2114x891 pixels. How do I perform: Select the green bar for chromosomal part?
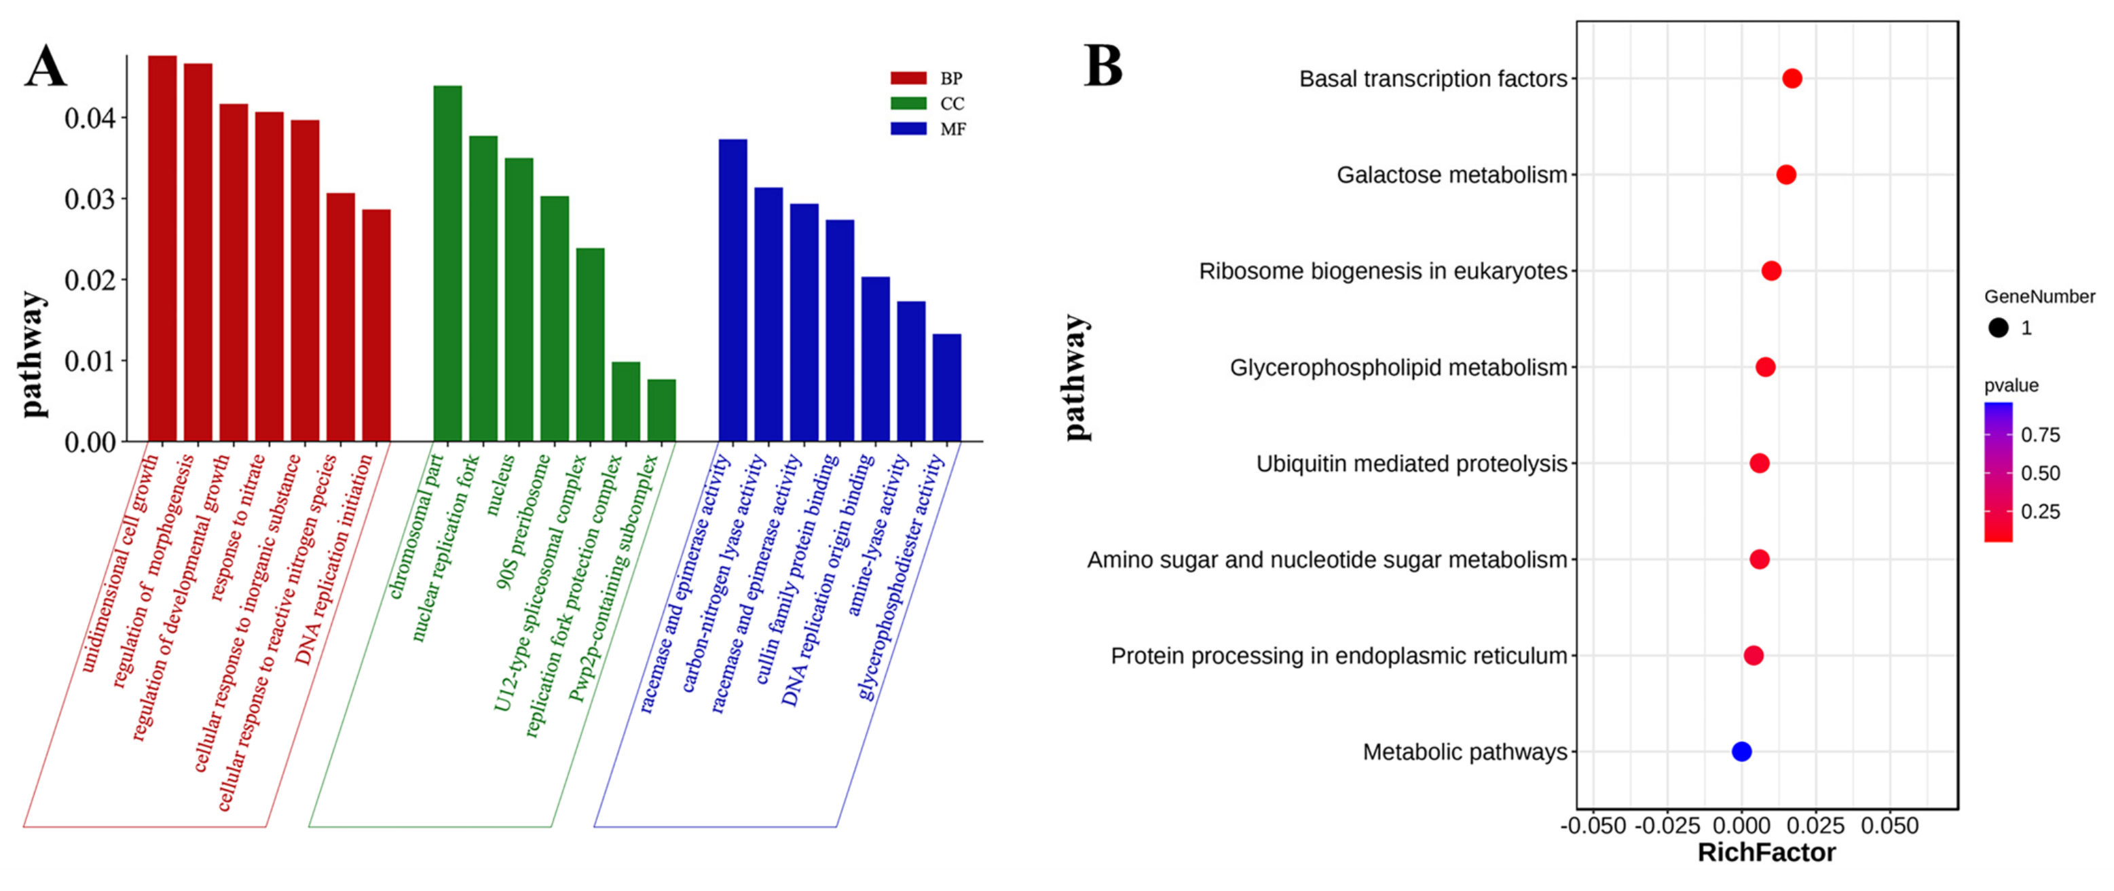(447, 263)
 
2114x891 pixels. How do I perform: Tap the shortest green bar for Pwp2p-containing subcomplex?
(661, 410)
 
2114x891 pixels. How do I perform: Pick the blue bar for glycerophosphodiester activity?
(946, 387)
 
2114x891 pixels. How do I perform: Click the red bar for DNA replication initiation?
(376, 325)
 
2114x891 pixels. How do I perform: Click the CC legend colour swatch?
(908, 103)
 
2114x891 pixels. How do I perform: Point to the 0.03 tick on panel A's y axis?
(90, 198)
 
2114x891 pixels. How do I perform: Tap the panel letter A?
(44, 66)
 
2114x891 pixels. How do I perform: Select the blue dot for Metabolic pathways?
(1741, 752)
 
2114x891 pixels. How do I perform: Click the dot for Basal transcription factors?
(1792, 79)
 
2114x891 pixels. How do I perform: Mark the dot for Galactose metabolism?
(1785, 175)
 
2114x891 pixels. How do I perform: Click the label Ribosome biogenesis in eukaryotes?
(1383, 271)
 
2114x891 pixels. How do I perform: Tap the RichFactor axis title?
(1766, 852)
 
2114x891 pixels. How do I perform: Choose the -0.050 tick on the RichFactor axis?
(1593, 825)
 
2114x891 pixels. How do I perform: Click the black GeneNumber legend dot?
(1999, 328)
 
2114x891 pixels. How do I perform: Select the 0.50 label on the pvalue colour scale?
(2040, 473)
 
